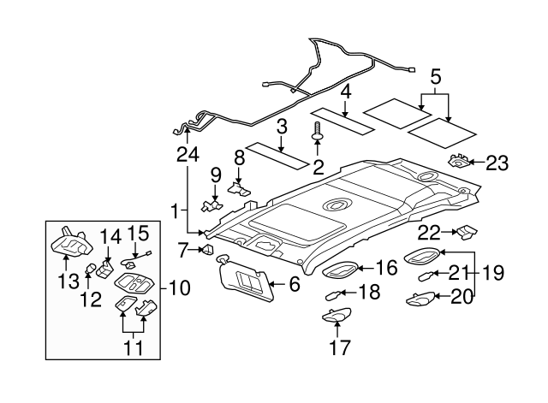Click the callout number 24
[x=187, y=154]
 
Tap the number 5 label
[x=436, y=78]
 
